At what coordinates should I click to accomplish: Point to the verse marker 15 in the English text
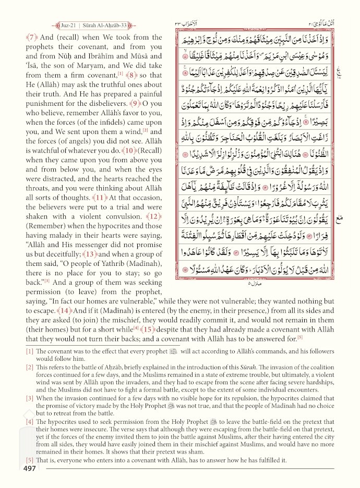[x=148, y=330]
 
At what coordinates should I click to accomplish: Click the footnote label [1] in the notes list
[x=30, y=351]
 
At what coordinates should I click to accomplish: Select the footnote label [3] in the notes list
[x=30, y=399]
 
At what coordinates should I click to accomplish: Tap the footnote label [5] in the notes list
[x=30, y=460]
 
